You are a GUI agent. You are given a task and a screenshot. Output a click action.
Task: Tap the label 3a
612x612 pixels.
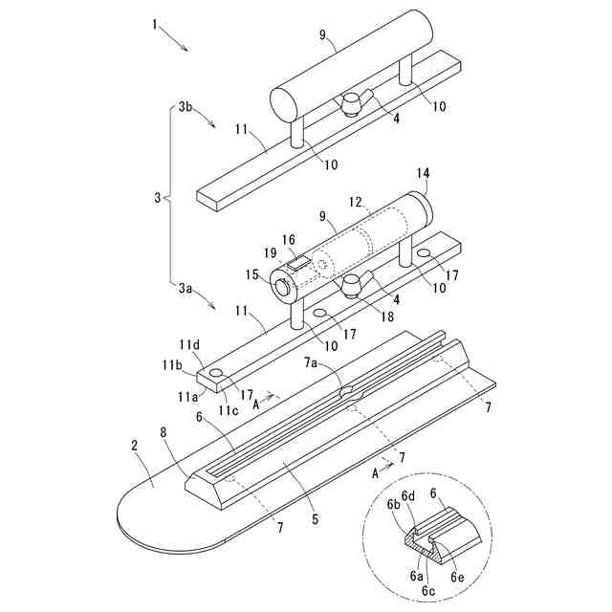coord(187,285)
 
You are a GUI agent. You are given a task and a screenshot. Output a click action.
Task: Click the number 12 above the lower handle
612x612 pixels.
coord(357,204)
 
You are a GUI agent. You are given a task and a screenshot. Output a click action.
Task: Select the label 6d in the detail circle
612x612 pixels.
coord(408,495)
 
